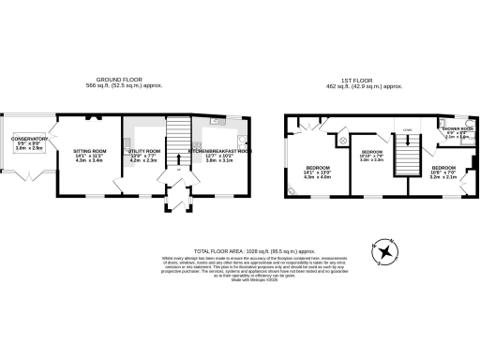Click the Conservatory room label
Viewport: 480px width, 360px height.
pos(29,143)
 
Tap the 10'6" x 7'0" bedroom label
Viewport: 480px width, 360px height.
pos(443,172)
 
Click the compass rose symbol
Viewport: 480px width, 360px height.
pos(385,248)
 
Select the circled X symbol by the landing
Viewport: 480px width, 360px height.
pos(343,141)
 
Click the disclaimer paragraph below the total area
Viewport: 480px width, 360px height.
pos(253,268)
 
